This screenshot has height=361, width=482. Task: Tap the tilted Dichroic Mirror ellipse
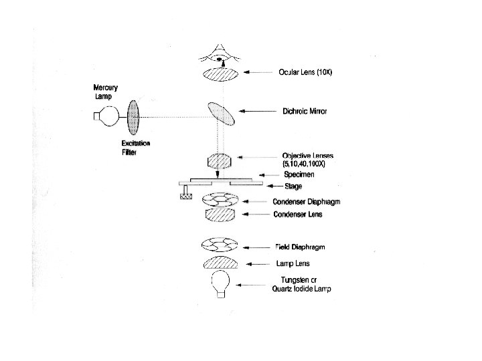[x=221, y=113]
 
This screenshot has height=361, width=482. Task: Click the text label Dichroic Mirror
[x=305, y=112]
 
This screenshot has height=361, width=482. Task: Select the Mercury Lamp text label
[x=107, y=92]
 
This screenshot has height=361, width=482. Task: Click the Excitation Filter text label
[x=136, y=148]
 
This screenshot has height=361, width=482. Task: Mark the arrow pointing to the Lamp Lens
[x=260, y=264]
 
